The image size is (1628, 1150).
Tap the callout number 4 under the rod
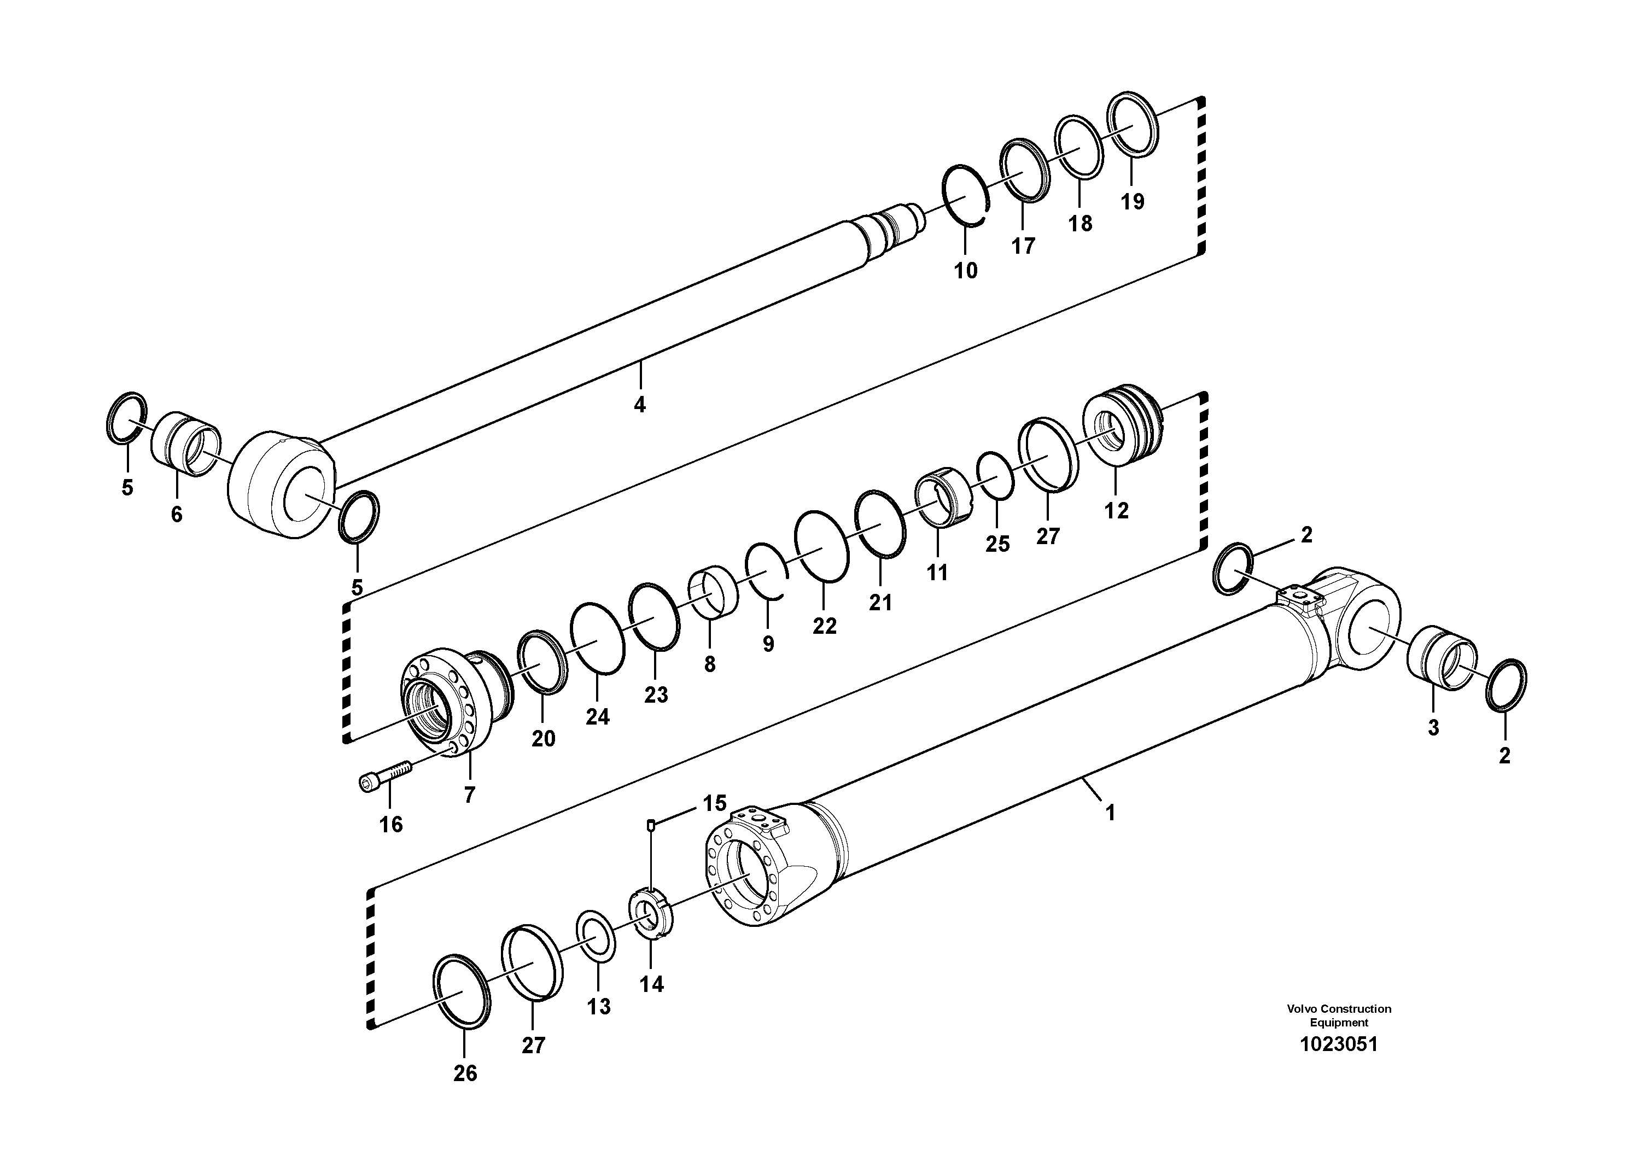pos(640,406)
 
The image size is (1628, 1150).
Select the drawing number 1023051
pos(1339,1044)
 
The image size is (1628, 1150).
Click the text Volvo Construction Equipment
pos(1339,1015)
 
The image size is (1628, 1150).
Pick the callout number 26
pos(465,1073)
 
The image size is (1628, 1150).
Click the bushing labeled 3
pos(1442,657)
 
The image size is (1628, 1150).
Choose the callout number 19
pos(1133,202)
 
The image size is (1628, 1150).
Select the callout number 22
pos(824,626)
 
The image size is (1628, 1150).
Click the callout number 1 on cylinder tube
pos(1110,813)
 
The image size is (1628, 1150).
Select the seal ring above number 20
pos(542,661)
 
